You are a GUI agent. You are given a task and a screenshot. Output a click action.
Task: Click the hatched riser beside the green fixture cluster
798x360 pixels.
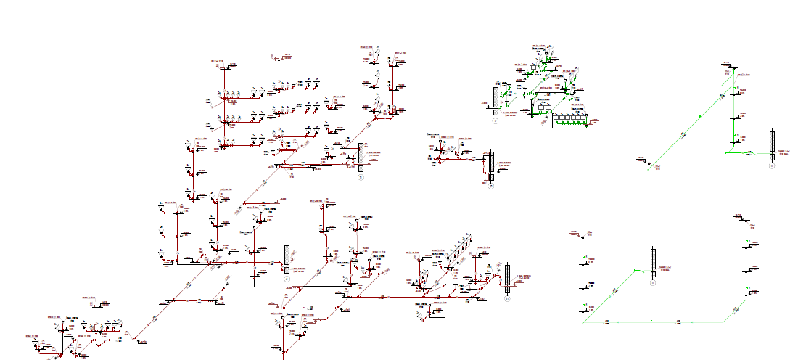pos(496,97)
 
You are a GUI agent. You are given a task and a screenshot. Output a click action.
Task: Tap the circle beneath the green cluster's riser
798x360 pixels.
pos(496,121)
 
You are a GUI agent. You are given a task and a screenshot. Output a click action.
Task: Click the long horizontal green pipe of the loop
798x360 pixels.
pos(653,322)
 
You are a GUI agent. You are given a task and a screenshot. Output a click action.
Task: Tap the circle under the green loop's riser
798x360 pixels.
pos(653,283)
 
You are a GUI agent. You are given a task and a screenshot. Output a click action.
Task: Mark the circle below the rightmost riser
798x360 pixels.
pos(773,166)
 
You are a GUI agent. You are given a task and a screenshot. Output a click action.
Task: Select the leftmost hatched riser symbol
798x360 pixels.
pos(287,254)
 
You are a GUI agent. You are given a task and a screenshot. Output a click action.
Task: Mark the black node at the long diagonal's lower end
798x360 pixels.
pos(649,165)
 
